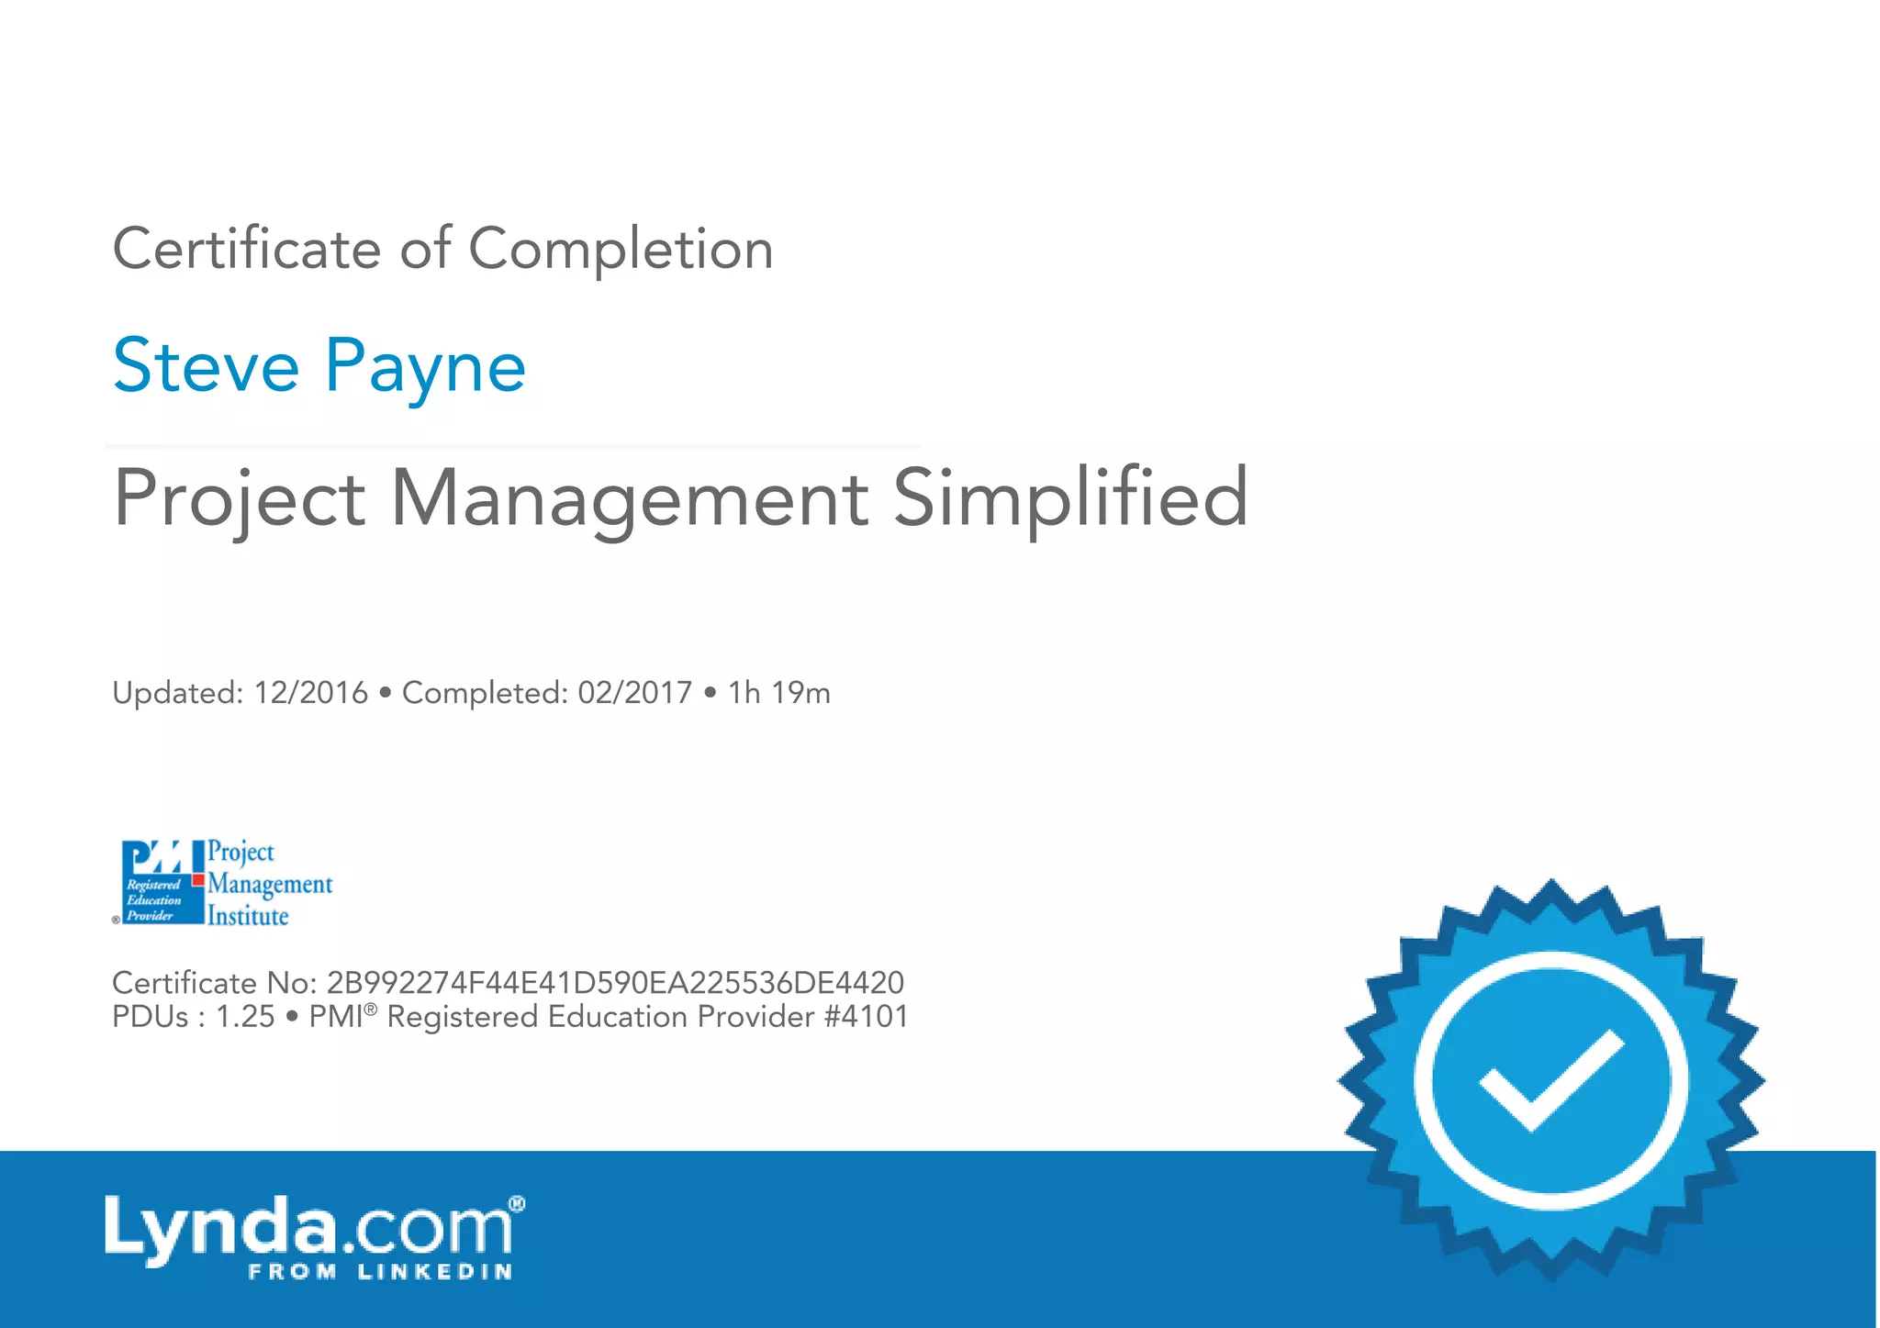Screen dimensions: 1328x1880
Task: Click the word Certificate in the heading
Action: click(x=246, y=249)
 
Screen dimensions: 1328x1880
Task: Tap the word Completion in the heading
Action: click(x=621, y=249)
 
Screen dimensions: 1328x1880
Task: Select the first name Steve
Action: click(x=206, y=366)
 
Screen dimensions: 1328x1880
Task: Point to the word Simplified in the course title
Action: click(x=1070, y=499)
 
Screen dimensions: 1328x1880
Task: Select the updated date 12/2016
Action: click(x=310, y=693)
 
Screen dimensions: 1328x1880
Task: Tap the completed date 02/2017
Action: click(x=634, y=693)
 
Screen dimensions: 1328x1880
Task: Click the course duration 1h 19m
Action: click(x=778, y=693)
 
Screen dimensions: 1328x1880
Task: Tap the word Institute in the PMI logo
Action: click(x=248, y=916)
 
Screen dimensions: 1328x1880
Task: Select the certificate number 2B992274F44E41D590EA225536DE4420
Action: click(x=615, y=983)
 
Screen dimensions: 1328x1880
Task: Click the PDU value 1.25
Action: click(x=245, y=1017)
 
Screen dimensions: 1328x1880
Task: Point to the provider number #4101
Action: click(x=867, y=1017)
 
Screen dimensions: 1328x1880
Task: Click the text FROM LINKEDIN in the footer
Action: click(x=380, y=1272)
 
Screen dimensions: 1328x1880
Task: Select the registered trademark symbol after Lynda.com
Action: click(x=517, y=1203)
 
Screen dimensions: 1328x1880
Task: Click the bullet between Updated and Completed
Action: click(x=385, y=694)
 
